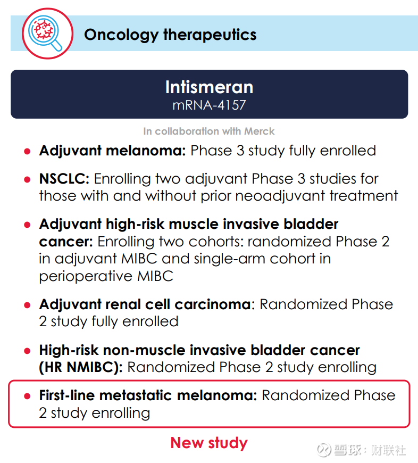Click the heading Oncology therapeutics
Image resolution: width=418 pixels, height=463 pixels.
click(x=170, y=35)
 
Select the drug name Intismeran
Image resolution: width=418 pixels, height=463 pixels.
click(x=209, y=87)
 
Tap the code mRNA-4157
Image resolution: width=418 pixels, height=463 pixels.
click(x=209, y=105)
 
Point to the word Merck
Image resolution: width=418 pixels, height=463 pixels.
click(x=260, y=131)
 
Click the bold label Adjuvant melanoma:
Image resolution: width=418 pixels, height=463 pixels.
click(x=112, y=151)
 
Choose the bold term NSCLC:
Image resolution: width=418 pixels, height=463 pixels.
click(x=64, y=179)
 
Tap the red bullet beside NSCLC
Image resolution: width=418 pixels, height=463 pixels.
click(x=27, y=179)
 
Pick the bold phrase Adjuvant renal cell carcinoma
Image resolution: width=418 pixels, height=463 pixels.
click(x=145, y=304)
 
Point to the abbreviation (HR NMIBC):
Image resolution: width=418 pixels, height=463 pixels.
click(x=81, y=367)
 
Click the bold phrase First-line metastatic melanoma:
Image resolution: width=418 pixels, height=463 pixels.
click(x=148, y=395)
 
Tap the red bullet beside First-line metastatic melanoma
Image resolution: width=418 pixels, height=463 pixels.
click(x=27, y=396)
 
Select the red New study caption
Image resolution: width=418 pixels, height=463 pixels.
click(x=209, y=443)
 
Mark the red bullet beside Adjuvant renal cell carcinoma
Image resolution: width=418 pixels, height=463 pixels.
click(x=27, y=305)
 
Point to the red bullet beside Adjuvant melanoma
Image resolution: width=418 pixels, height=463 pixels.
click(x=27, y=152)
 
